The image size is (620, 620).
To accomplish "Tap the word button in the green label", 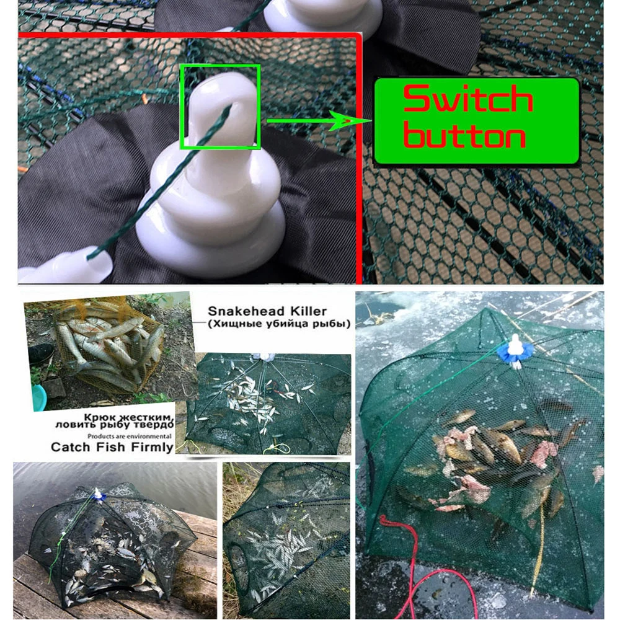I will click(464, 137).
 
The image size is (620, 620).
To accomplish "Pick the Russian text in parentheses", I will click(279, 324).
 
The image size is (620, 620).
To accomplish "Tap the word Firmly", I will click(149, 447).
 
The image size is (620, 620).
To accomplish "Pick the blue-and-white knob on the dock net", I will click(97, 495).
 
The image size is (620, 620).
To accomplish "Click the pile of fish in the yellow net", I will click(105, 347).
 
